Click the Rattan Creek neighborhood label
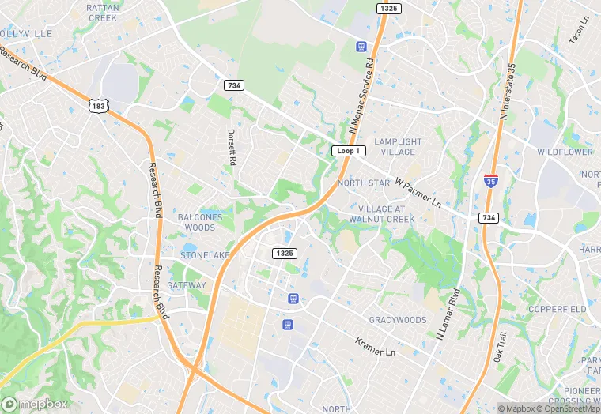[x=103, y=12]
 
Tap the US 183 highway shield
[x=99, y=105]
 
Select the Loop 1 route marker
[x=348, y=150]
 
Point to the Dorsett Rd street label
[x=232, y=147]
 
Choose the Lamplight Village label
[x=398, y=146]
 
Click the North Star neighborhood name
[x=364, y=183]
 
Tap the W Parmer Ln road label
[x=418, y=192]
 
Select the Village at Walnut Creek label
[x=381, y=213]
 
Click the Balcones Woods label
[x=196, y=222]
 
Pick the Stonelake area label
[x=205, y=255]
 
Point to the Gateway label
[x=186, y=285]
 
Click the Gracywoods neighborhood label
[x=398, y=320]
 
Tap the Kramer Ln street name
[x=375, y=348]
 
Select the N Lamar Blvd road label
[x=448, y=314]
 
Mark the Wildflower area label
[x=565, y=151]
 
